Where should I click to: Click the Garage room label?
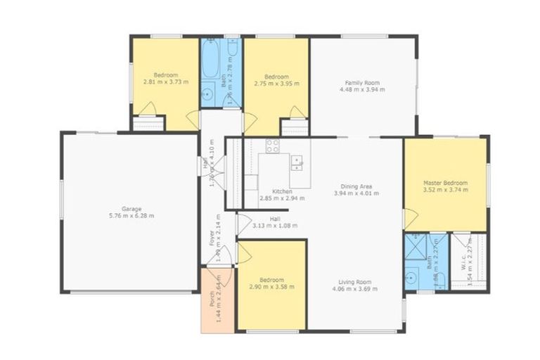pos(131,209)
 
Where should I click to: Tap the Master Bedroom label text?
pos(445,183)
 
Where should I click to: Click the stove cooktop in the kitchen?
pos(273,146)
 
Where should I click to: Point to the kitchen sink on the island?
pos(297,163)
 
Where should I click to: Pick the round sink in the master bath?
pos(412,277)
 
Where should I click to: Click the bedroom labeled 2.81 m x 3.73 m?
pos(166,79)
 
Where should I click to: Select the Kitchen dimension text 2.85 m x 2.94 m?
pos(282,198)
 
